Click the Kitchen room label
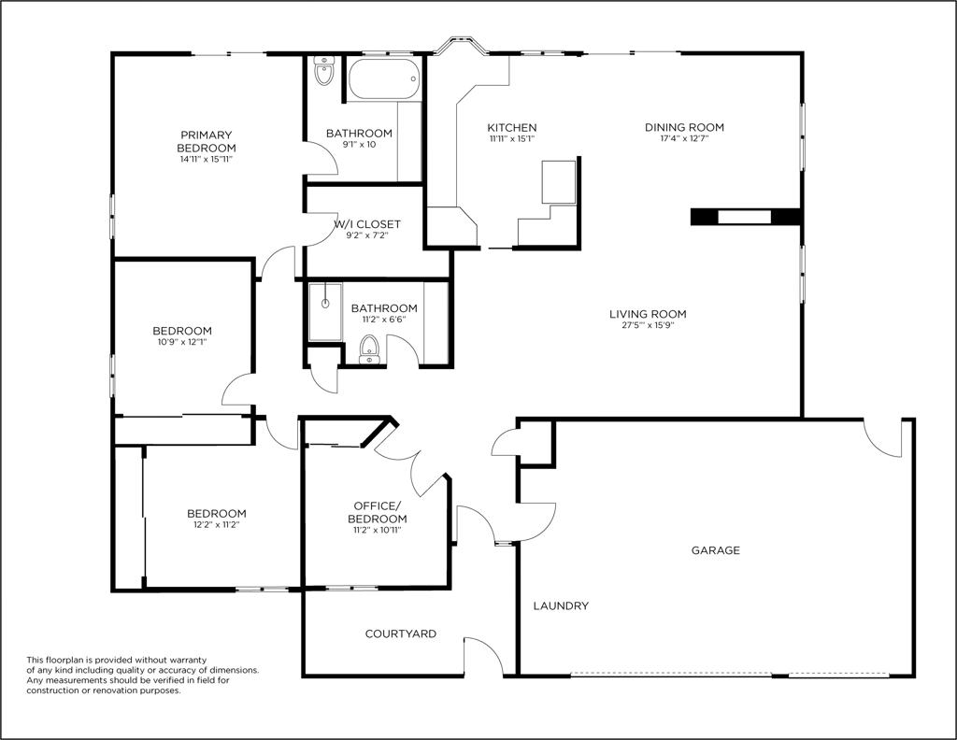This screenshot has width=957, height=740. tap(511, 127)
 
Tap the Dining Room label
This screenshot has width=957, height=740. tap(684, 127)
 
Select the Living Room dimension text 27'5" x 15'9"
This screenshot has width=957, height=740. tap(648, 325)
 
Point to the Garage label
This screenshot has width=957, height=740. tap(715, 550)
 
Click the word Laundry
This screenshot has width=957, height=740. tap(561, 605)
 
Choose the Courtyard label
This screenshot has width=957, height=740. tap(400, 633)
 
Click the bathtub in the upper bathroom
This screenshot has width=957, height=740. tap(384, 78)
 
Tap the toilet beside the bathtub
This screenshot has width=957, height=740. tap(323, 71)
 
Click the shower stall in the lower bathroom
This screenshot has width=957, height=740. tap(325, 311)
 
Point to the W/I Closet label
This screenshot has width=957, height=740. tap(367, 224)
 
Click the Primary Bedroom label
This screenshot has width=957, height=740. tap(207, 141)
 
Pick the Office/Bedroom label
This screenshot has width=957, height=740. tap(378, 512)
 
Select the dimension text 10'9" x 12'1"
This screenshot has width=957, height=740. tap(182, 342)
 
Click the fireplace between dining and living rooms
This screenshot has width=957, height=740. tap(745, 217)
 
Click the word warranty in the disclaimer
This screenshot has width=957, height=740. tap(189, 660)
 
